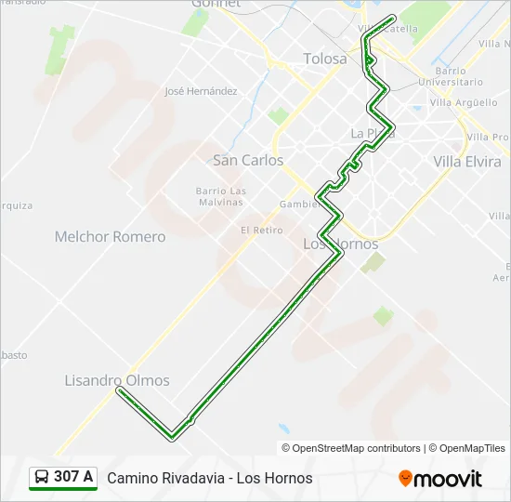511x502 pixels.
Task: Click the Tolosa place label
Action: (x=325, y=59)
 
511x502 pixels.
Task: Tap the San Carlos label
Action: (x=248, y=160)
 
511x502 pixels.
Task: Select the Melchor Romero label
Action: (x=110, y=236)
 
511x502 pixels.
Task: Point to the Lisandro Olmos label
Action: (x=117, y=380)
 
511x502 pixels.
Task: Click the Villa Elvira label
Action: (x=467, y=161)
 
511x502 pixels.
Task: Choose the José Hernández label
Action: (x=201, y=91)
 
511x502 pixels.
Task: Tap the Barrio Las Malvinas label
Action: (x=221, y=196)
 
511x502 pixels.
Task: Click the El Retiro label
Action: (x=261, y=230)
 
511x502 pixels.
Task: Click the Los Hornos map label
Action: (x=341, y=244)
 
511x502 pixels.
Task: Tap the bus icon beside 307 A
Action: (x=42, y=478)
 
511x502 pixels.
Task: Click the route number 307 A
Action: (x=73, y=477)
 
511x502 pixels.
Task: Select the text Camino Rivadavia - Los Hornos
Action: (x=210, y=478)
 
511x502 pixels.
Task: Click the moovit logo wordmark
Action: (x=448, y=479)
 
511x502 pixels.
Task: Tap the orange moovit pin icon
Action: (x=405, y=478)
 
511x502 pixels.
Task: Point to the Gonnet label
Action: (x=216, y=4)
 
